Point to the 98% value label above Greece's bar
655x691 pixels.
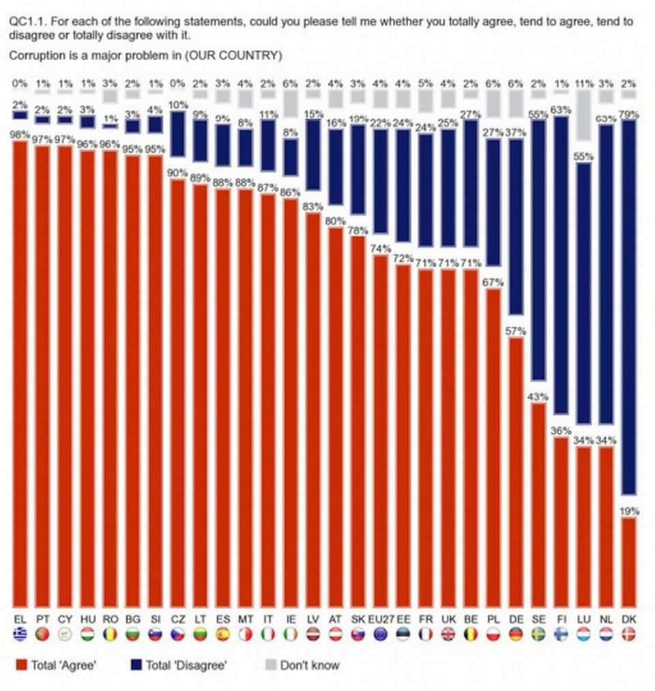(x=20, y=135)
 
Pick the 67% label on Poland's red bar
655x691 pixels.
(x=494, y=282)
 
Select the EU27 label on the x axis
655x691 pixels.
(x=381, y=619)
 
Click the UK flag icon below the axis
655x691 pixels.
(x=448, y=633)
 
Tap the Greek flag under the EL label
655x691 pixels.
(x=20, y=633)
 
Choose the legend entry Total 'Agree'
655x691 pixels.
(x=63, y=665)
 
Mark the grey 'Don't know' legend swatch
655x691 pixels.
(x=269, y=665)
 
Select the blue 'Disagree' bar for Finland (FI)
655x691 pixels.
(x=561, y=265)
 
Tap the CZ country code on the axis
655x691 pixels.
(x=176, y=619)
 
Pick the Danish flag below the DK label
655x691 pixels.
(x=628, y=633)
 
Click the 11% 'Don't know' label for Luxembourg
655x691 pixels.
(x=583, y=83)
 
